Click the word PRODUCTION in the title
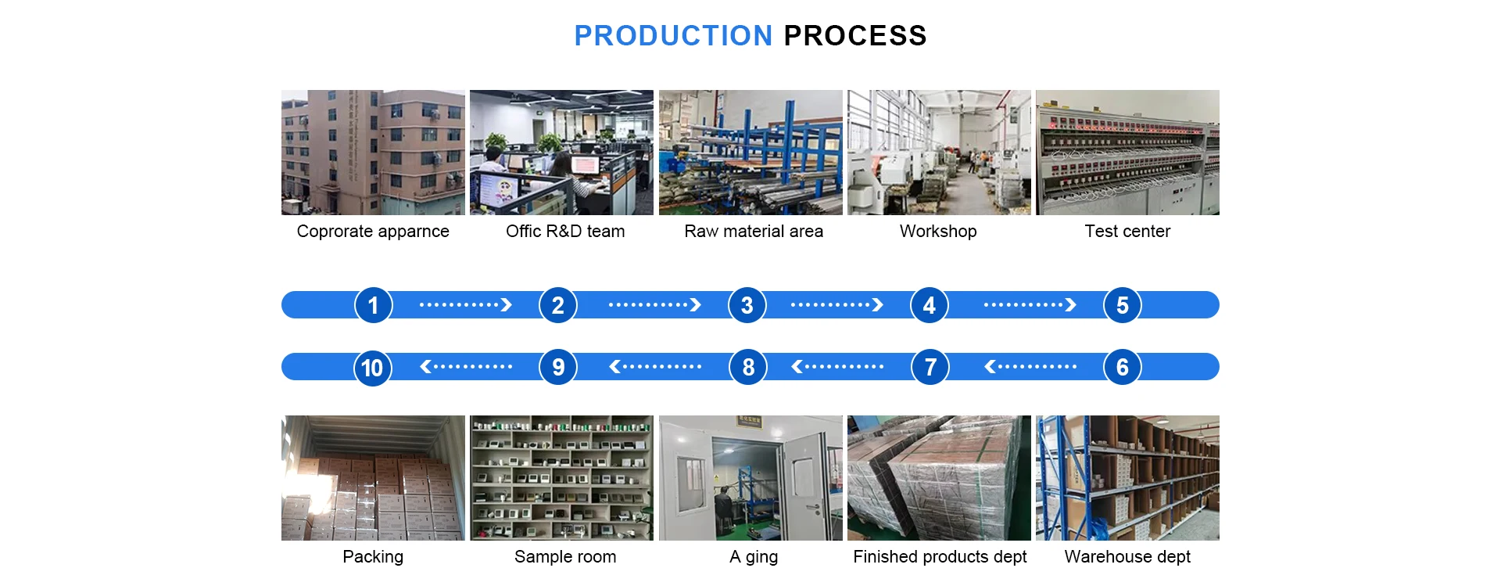(x=673, y=36)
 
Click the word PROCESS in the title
(x=854, y=36)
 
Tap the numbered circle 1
(x=373, y=305)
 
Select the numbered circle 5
(x=1122, y=305)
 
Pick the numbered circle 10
(x=373, y=367)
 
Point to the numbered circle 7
(x=930, y=367)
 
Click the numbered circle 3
(x=747, y=305)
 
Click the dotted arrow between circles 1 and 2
(x=465, y=305)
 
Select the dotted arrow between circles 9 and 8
(x=655, y=366)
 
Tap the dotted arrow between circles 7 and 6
(x=1030, y=366)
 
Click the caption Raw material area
(x=754, y=232)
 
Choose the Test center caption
(x=1127, y=232)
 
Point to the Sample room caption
(x=565, y=557)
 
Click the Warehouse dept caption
(x=1127, y=557)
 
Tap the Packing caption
(x=373, y=557)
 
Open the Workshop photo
(x=939, y=153)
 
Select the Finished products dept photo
(x=939, y=478)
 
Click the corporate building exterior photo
(x=373, y=153)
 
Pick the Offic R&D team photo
(x=561, y=153)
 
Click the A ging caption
(x=754, y=557)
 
